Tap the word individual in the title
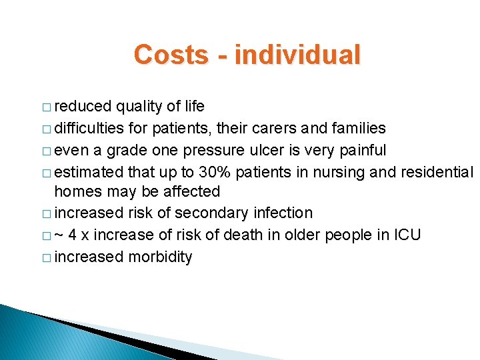point(297,55)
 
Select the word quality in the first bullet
point(139,107)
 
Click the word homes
point(76,192)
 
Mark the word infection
point(282,213)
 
